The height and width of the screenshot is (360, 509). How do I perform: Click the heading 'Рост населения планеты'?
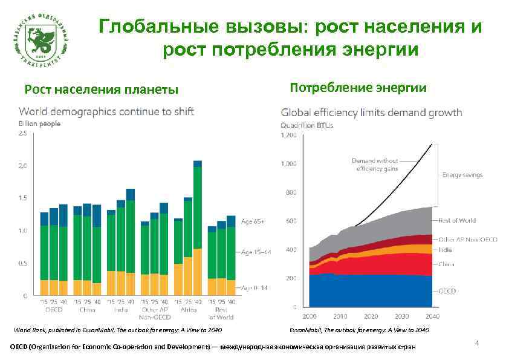(102, 91)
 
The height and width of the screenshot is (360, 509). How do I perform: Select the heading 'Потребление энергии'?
(358, 88)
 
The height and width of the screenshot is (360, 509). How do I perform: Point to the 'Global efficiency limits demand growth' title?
(371, 113)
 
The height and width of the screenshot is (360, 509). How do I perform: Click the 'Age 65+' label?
(253, 221)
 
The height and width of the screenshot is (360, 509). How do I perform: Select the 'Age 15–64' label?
(254, 252)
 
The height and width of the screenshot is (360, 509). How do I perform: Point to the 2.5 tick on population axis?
(23, 133)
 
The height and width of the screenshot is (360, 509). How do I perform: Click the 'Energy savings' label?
(462, 175)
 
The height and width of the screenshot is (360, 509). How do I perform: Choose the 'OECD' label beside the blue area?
(447, 290)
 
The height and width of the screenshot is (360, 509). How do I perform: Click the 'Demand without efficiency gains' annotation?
(375, 165)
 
